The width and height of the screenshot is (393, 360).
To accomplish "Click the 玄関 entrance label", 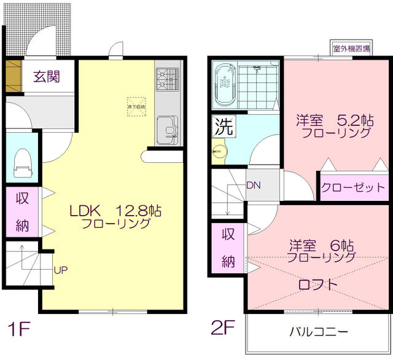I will [x=46, y=77].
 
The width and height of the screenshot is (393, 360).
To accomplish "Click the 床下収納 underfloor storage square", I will [x=135, y=104].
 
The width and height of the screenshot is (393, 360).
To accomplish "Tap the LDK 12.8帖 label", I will [x=115, y=211].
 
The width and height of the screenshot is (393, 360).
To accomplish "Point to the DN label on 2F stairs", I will [x=253, y=184].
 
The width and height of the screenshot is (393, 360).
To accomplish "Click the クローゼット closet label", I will [x=353, y=187].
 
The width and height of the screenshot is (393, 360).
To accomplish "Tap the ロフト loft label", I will [x=317, y=284].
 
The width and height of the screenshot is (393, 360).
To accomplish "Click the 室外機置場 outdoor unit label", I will [x=351, y=49].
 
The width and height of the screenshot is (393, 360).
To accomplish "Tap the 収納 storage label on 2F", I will [x=228, y=248].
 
